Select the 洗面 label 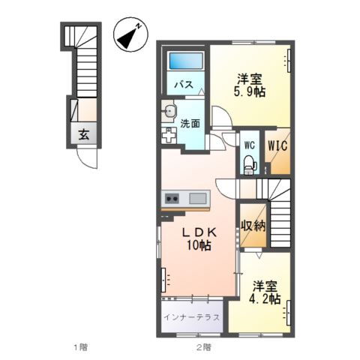coord(190,123)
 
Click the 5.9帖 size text coord(247,93)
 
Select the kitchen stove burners coord(172,199)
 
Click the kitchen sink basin coord(198,199)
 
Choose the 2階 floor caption coord(203,346)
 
